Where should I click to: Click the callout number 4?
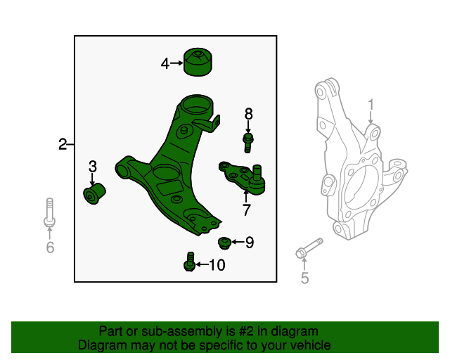tap(165, 63)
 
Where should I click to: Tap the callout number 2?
tap(63, 145)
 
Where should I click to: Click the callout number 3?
tap(93, 167)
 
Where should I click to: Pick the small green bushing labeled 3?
tap(94, 193)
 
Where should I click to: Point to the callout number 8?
tap(248, 114)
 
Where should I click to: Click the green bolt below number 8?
tap(248, 143)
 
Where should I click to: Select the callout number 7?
tap(247, 210)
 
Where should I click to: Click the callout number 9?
tap(249, 243)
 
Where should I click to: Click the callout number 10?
tap(217, 265)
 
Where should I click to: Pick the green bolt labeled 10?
tap(190, 262)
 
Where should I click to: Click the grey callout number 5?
tap(304, 278)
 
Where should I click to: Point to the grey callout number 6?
tap(49, 247)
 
